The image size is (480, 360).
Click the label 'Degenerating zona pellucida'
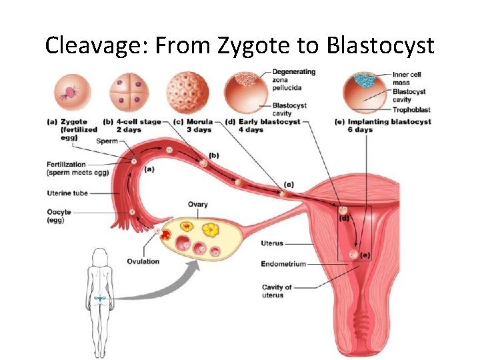(293, 81)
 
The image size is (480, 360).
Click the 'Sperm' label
(106, 141)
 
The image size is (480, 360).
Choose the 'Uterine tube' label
(67, 193)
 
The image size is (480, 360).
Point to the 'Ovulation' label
(143, 261)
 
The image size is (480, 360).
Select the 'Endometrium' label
(283, 264)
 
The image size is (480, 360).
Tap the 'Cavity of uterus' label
(277, 291)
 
